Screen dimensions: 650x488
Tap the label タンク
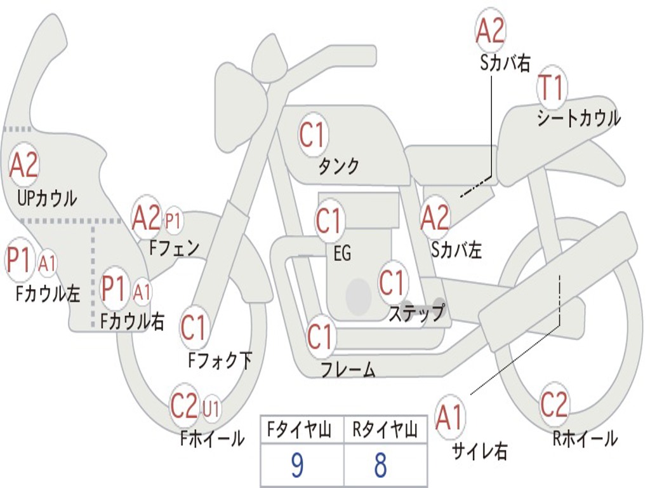point(338,166)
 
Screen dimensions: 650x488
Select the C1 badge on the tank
point(313,135)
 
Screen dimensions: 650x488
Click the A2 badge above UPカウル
point(23,165)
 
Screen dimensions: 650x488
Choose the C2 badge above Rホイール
point(554,403)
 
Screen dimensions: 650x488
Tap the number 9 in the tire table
point(297,465)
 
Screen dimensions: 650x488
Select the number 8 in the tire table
point(381,465)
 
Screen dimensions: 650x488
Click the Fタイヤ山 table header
point(299,430)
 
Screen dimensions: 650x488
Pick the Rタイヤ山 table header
point(385,430)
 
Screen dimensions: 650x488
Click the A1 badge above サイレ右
point(450,417)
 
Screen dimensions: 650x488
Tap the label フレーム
point(348,369)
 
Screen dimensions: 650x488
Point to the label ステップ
point(416,313)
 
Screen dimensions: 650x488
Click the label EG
point(342,253)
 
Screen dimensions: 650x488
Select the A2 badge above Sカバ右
point(491,30)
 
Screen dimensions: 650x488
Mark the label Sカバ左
point(456,250)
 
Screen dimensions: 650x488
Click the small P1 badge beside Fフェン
point(174,220)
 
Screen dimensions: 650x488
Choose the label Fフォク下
point(220,360)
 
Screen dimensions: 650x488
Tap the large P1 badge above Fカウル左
point(20,260)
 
